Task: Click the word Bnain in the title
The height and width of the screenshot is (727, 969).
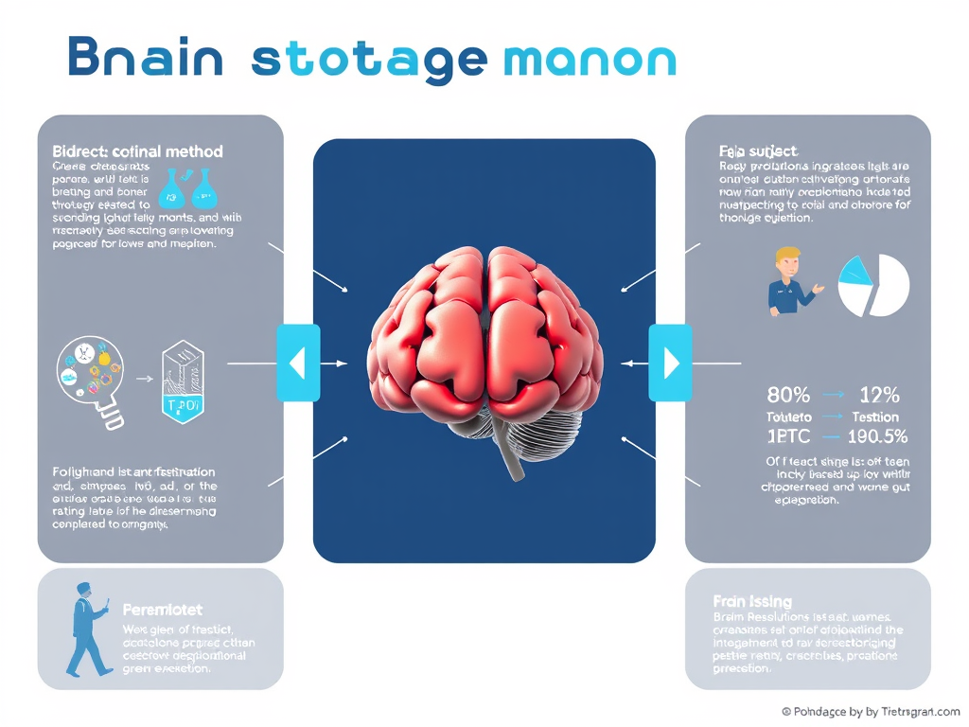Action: [144, 59]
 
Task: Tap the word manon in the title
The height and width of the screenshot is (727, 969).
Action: [590, 61]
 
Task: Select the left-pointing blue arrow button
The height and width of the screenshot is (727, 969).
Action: [297, 363]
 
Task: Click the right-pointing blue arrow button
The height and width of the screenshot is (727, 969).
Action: [670, 363]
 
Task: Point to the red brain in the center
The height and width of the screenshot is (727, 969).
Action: [484, 327]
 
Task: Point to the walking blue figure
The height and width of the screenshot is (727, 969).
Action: [88, 629]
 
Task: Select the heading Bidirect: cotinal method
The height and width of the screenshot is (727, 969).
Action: [137, 151]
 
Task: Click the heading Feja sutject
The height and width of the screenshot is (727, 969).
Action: [758, 151]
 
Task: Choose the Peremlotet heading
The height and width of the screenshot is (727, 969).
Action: [163, 610]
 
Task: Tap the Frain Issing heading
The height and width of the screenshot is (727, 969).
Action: [752, 601]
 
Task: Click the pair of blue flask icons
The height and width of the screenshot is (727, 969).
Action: [187, 188]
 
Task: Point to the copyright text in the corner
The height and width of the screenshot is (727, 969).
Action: [871, 711]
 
